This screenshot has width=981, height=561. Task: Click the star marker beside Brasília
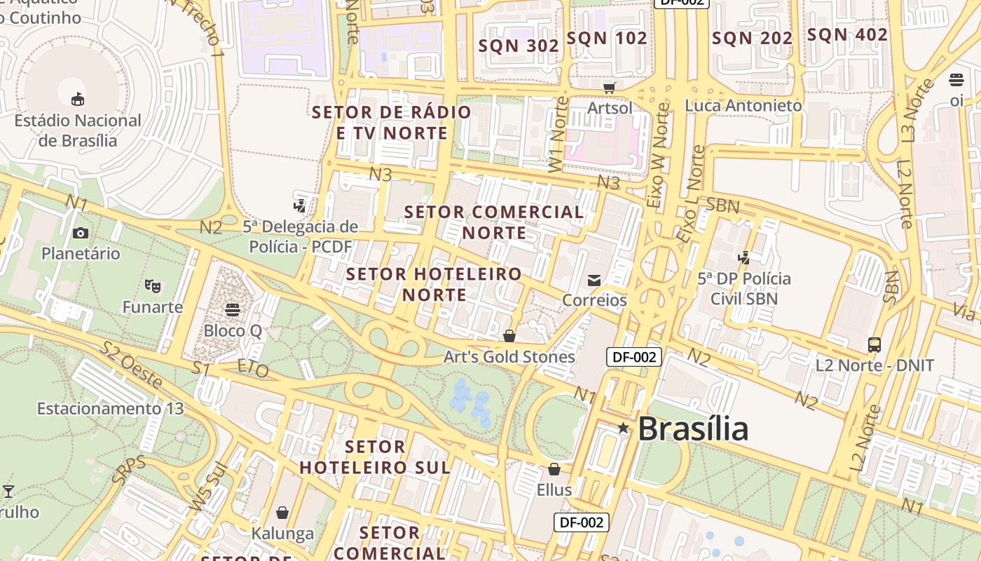pyautogui.click(x=623, y=428)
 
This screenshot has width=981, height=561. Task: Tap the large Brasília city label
pyautogui.click(x=693, y=428)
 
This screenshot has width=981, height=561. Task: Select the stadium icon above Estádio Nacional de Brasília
pyautogui.click(x=78, y=99)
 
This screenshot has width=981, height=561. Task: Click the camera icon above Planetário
pyautogui.click(x=81, y=233)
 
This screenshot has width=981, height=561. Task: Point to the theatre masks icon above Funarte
pyautogui.click(x=152, y=286)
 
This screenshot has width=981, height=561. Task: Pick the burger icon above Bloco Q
pyautogui.click(x=233, y=309)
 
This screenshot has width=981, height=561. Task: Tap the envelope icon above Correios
pyautogui.click(x=594, y=280)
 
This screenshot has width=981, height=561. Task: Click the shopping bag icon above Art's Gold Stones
pyautogui.click(x=509, y=336)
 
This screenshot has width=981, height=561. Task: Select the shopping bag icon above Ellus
pyautogui.click(x=554, y=468)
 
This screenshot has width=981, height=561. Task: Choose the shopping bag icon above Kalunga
pyautogui.click(x=282, y=513)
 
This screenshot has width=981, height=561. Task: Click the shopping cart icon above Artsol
pyautogui.click(x=609, y=88)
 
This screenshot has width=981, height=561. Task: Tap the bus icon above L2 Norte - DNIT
pyautogui.click(x=874, y=344)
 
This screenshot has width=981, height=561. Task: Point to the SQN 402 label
pyautogui.click(x=847, y=34)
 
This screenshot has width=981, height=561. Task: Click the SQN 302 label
pyautogui.click(x=519, y=46)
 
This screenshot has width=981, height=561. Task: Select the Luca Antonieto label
pyautogui.click(x=743, y=106)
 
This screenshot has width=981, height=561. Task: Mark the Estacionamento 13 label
pyautogui.click(x=110, y=408)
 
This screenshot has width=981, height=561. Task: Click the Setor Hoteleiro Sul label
pyautogui.click(x=376, y=457)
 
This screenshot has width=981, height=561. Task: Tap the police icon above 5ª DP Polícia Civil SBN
pyautogui.click(x=744, y=257)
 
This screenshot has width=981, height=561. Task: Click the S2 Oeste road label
pyautogui.click(x=132, y=365)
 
